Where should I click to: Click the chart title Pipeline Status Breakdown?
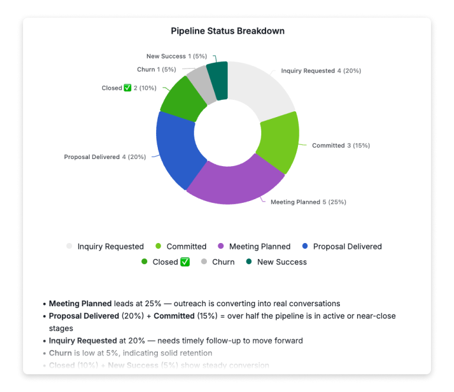[228, 31]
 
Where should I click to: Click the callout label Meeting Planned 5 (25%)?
[308, 202]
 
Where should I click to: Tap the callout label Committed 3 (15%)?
[340, 145]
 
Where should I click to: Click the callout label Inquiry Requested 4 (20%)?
[321, 71]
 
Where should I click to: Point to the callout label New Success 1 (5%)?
[177, 56]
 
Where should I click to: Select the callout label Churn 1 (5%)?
[157, 70]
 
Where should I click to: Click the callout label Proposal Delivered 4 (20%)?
[103, 157]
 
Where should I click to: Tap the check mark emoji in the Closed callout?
[127, 88]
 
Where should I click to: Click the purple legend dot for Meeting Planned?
[220, 247]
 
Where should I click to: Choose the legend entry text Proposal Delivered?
[347, 247]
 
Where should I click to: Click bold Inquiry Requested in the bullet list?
[83, 341]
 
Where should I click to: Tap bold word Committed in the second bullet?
[174, 316]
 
